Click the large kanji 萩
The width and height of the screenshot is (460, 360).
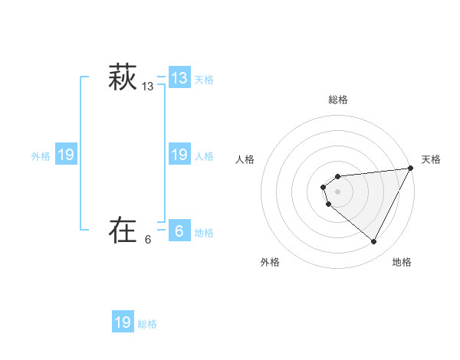coord(122,78)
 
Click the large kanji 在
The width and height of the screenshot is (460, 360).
coord(122,230)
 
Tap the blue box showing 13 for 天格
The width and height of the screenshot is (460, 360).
coord(179,78)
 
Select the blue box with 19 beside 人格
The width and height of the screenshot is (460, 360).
coord(179,155)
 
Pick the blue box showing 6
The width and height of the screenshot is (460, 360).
coord(179,231)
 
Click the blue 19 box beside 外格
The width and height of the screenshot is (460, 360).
coord(65,155)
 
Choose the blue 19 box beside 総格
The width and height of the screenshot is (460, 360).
coord(123,322)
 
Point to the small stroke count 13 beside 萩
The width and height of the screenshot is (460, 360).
coord(148,87)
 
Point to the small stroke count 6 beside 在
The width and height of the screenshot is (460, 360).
coord(148,240)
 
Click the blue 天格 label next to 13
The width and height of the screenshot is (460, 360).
coord(204,80)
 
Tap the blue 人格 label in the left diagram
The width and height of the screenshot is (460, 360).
coord(204,156)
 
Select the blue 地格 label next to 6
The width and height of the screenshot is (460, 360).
coord(204,233)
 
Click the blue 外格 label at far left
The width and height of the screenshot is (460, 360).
coord(41,156)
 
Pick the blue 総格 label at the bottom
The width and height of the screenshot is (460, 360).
coord(147,324)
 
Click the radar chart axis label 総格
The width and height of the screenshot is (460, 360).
coord(338,100)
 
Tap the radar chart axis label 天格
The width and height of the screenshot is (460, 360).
coord(431,159)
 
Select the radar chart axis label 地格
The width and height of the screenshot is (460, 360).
coord(402,262)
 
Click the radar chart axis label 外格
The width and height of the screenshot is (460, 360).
coord(270,262)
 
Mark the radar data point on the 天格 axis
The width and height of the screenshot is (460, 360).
coord(411,168)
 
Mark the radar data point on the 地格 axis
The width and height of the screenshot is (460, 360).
coord(374,242)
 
